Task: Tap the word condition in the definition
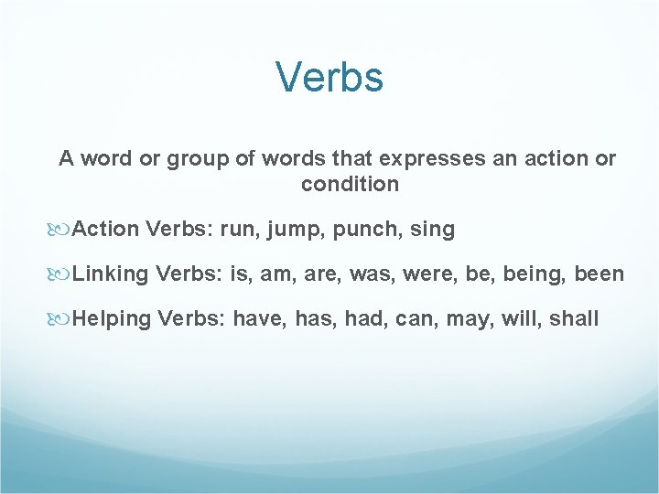[350, 184]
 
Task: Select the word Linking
[112, 274]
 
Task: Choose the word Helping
[113, 319]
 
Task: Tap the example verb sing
[433, 230]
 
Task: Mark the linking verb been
[600, 274]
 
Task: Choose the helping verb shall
[574, 319]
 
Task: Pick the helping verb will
[519, 319]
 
